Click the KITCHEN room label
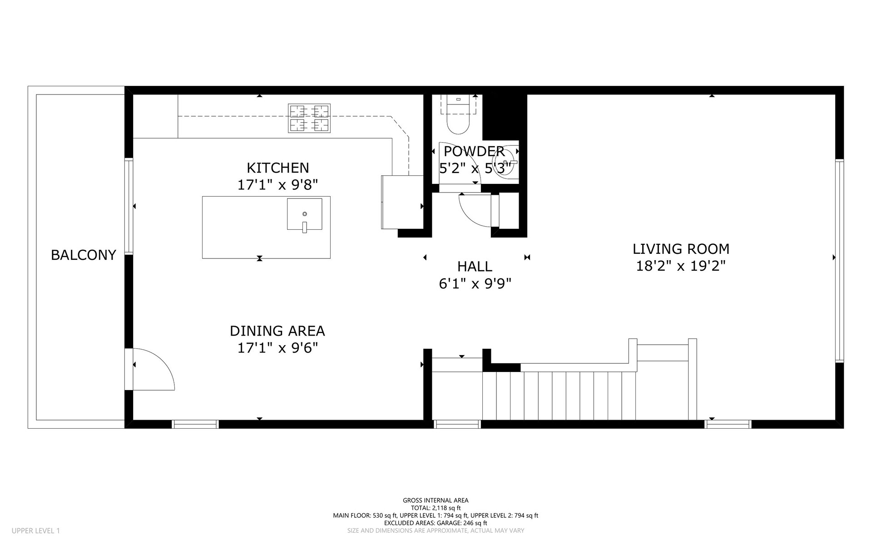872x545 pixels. click(x=277, y=168)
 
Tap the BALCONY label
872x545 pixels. click(x=84, y=255)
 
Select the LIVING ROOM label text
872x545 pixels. click(x=681, y=249)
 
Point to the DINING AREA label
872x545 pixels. click(x=277, y=331)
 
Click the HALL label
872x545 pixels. click(x=475, y=266)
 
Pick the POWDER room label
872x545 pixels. click(x=474, y=151)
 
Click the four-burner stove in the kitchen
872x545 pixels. click(x=309, y=118)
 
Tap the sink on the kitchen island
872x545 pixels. click(x=304, y=214)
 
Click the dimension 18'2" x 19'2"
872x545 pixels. click(x=681, y=266)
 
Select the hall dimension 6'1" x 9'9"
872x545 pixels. click(x=475, y=284)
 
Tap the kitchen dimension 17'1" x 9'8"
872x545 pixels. click(x=277, y=185)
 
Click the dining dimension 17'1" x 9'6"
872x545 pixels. click(x=277, y=348)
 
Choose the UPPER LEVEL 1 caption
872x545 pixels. click(x=36, y=530)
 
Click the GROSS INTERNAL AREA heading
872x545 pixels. click(x=436, y=500)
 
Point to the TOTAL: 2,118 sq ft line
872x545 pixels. click(x=436, y=508)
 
